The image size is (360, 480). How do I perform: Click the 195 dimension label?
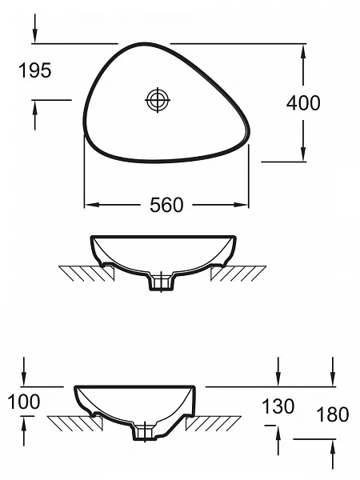tap(35, 70)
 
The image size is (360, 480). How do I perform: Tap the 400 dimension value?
tap(303, 102)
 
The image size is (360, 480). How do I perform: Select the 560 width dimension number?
tap(166, 205)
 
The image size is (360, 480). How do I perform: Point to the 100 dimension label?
tap(24, 402)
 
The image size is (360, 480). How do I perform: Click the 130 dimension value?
tap(278, 406)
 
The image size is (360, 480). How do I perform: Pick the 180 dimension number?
tap(333, 414)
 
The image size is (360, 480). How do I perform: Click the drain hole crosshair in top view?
tap(158, 100)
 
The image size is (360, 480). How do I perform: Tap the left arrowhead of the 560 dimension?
tap(91, 205)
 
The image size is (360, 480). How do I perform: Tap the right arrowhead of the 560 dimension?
tap(242, 205)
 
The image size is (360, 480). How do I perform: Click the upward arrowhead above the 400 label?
tap(303, 51)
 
